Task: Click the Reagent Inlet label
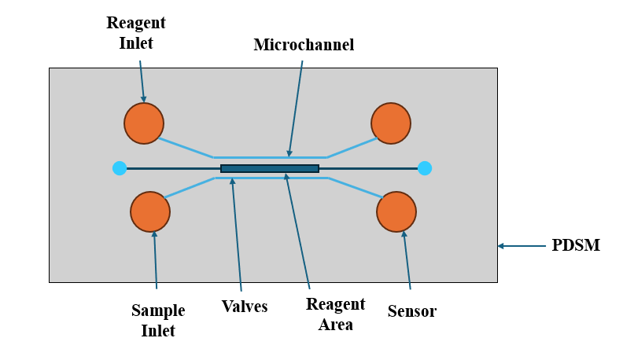tap(135, 32)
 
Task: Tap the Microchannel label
tap(304, 45)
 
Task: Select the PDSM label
tap(576, 245)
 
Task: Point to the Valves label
tap(245, 307)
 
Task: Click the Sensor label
tap(412, 311)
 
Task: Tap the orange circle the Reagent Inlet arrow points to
tap(144, 123)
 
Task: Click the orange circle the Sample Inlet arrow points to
tap(150, 211)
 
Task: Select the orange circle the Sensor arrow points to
tap(396, 212)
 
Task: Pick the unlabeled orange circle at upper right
tap(391, 123)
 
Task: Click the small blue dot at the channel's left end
tap(120, 168)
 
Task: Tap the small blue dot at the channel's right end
tap(425, 168)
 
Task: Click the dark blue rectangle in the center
tap(270, 168)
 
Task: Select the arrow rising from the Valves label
tap(236, 235)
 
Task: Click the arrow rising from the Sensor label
tap(407, 259)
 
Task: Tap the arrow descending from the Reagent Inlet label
tap(142, 79)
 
